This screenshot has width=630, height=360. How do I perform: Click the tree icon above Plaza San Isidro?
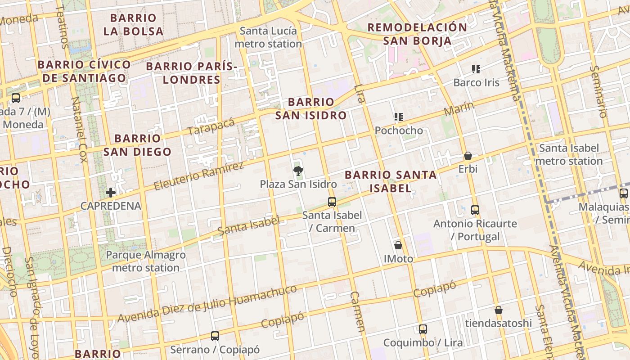297,171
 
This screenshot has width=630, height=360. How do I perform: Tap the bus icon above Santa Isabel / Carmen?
332,202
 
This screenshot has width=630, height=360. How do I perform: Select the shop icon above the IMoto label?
398,245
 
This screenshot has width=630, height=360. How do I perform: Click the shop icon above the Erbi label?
468,156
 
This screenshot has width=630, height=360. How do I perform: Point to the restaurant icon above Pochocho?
398,117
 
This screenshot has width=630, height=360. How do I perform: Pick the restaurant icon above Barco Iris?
476,69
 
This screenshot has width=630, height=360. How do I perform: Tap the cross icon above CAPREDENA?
111,193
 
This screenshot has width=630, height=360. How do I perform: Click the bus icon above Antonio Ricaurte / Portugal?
475,210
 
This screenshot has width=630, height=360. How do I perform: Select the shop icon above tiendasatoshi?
498,310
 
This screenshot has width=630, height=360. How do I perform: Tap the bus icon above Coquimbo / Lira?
423,329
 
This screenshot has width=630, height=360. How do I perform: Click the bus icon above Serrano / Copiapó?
215,336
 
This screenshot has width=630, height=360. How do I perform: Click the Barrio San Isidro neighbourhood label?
311,108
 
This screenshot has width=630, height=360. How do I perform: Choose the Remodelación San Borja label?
417,34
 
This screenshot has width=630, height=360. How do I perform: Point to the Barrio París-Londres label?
192,73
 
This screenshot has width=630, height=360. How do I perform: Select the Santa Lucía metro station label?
268,37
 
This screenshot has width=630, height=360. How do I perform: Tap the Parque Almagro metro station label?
146,261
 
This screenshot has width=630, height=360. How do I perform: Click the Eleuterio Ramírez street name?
199,176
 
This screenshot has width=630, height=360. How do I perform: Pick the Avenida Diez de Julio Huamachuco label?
207,304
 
